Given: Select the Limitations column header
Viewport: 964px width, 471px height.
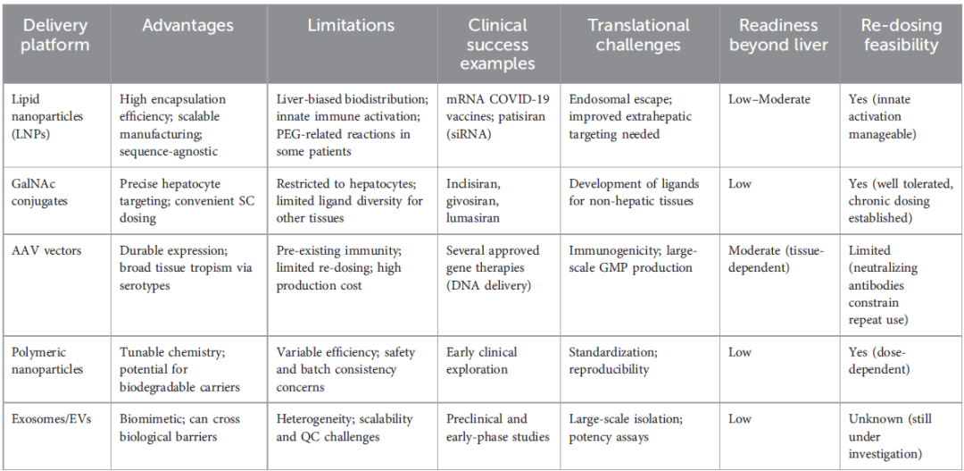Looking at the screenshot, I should (x=351, y=26).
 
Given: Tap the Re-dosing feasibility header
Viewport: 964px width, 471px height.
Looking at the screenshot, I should (x=901, y=35).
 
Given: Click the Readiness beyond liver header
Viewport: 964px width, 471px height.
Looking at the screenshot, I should (x=778, y=35).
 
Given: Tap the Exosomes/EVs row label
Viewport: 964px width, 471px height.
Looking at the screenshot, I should (x=53, y=418).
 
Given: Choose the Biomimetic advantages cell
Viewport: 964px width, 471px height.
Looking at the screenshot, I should (x=180, y=427).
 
